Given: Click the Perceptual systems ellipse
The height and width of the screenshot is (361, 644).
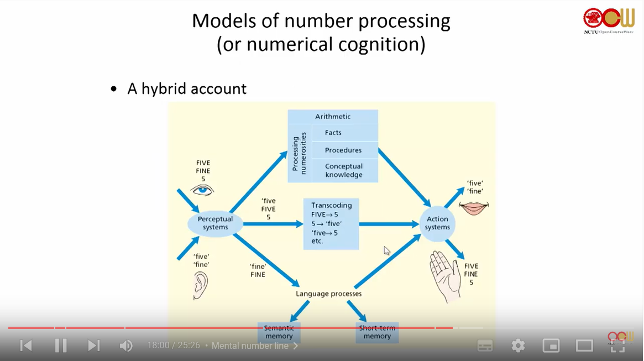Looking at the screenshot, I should tap(215, 223).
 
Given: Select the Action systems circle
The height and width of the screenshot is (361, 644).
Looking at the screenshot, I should tap(437, 223).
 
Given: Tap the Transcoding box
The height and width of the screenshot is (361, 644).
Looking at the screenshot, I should tap(331, 223).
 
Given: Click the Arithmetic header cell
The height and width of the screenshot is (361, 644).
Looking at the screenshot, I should tap(333, 117).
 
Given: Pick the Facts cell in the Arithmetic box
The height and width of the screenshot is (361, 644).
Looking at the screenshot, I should tap(333, 133).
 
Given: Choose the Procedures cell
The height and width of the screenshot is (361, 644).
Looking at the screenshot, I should tap(343, 150).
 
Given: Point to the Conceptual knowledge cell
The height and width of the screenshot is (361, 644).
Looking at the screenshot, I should tap(344, 171).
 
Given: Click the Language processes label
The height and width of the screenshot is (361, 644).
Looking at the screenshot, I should tap(329, 294).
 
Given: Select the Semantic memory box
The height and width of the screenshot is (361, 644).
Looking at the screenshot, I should tap(279, 332).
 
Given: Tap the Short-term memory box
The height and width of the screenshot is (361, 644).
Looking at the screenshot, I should tap(377, 332).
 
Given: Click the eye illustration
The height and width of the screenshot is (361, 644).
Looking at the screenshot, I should tap(202, 190).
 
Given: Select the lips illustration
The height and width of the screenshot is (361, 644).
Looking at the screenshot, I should tap(474, 207).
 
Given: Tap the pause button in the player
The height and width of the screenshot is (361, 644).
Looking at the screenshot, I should tap(61, 346).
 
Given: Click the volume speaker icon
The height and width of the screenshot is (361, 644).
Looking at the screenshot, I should tap(126, 346).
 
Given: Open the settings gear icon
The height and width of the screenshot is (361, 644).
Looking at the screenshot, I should tap(518, 346).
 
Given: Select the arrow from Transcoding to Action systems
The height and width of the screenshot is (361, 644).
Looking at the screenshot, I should tap(389, 224).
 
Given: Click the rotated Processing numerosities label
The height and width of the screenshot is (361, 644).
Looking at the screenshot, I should tap(299, 154).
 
